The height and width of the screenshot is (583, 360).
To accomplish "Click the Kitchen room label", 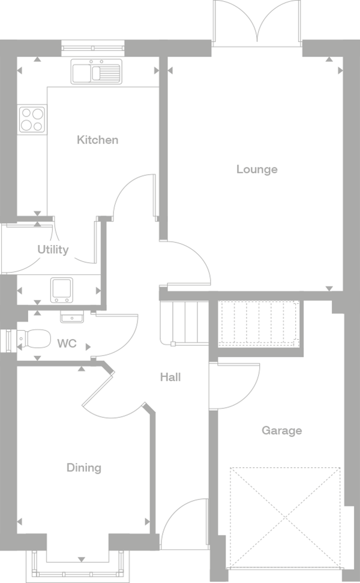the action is [x=97, y=140].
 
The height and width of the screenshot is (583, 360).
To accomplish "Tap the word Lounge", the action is [x=257, y=169].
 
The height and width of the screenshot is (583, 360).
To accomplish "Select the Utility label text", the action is [x=53, y=249].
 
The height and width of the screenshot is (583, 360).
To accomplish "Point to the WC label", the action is [x=67, y=343].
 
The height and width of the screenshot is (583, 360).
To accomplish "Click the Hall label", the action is [x=170, y=377].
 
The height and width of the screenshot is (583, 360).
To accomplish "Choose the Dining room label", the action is [x=83, y=468].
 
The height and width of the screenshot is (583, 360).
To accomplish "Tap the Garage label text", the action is [x=281, y=430].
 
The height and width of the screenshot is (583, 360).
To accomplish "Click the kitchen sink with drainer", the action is [x=97, y=71].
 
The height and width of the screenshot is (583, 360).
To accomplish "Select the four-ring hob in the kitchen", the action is [x=32, y=119].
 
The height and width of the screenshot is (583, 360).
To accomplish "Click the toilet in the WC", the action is [x=34, y=339].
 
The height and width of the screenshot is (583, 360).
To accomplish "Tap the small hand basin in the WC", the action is [x=73, y=316].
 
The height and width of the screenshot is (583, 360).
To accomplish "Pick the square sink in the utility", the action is [x=62, y=290].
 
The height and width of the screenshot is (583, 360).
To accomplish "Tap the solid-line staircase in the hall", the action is [x=184, y=323].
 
